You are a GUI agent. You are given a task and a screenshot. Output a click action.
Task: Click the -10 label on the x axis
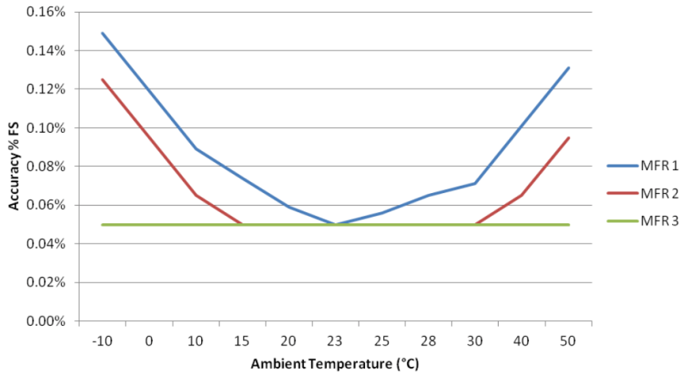[102, 341]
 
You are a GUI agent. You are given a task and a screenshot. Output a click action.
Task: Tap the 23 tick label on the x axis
[336, 341]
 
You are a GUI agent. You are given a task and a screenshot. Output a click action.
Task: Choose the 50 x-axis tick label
[569, 341]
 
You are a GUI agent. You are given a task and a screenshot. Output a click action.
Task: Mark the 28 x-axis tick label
[429, 341]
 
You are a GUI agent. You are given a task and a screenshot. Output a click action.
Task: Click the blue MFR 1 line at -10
[102, 33]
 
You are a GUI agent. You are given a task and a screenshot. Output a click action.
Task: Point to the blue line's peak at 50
[569, 68]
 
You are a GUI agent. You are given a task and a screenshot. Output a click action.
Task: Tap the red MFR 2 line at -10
[102, 79]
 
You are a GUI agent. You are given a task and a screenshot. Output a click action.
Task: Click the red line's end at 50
[569, 137]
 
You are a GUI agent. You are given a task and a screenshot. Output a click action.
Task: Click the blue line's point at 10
[196, 149]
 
